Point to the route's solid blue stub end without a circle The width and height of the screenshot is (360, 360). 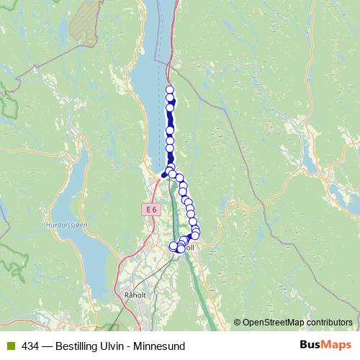(x=163, y=175)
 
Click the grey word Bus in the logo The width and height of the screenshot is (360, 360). (x=312, y=346)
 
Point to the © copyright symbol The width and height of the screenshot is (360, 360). (x=238, y=322)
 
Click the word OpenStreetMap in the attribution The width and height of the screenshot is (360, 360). (x=274, y=322)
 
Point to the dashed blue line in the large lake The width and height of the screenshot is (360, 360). (x=163, y=43)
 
